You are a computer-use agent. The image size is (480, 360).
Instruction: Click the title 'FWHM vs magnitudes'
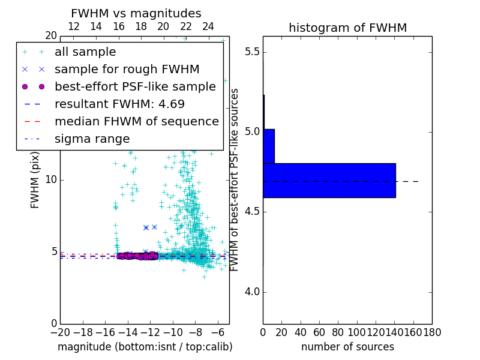click(136, 14)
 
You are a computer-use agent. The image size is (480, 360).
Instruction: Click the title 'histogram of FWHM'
click(347, 28)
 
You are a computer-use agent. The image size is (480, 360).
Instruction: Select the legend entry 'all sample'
click(85, 52)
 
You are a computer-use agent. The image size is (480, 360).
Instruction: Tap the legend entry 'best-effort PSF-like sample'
click(135, 86)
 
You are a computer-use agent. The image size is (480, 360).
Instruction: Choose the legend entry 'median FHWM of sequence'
click(136, 121)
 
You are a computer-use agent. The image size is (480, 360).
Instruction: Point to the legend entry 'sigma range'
click(92, 139)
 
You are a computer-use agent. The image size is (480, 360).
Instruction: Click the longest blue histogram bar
click(329, 180)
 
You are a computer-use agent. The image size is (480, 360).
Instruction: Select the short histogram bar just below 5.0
click(269, 146)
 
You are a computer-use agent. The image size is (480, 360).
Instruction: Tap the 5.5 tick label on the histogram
click(252, 52)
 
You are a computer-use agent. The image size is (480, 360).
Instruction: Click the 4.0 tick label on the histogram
click(252, 292)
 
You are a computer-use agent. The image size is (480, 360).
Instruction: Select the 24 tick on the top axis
click(208, 27)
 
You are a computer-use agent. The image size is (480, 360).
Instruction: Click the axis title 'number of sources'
click(347, 347)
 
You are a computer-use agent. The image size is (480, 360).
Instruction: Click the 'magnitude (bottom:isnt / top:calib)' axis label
click(145, 347)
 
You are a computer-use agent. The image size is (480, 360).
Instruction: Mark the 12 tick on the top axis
click(74, 27)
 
